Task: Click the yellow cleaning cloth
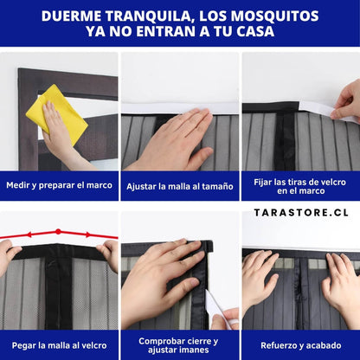point(57,113)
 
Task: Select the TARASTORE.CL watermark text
point(301,213)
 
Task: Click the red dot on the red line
point(58,231)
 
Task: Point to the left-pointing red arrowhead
point(29,235)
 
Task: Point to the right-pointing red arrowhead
point(88,235)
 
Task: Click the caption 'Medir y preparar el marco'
point(59,185)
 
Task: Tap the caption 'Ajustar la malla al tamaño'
point(180,186)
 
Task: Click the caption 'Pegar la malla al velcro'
point(59,345)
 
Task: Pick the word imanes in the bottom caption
point(194,350)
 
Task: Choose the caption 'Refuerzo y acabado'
point(301,345)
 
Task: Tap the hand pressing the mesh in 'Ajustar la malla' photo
point(173,140)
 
